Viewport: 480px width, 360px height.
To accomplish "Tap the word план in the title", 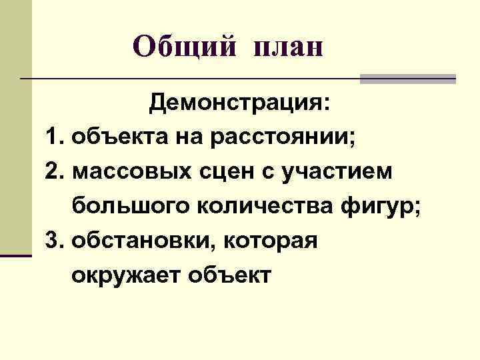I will tap(288, 48).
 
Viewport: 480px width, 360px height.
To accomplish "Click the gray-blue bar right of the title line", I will tap(408, 79).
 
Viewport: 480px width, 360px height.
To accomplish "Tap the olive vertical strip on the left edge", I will tap(15, 127).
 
